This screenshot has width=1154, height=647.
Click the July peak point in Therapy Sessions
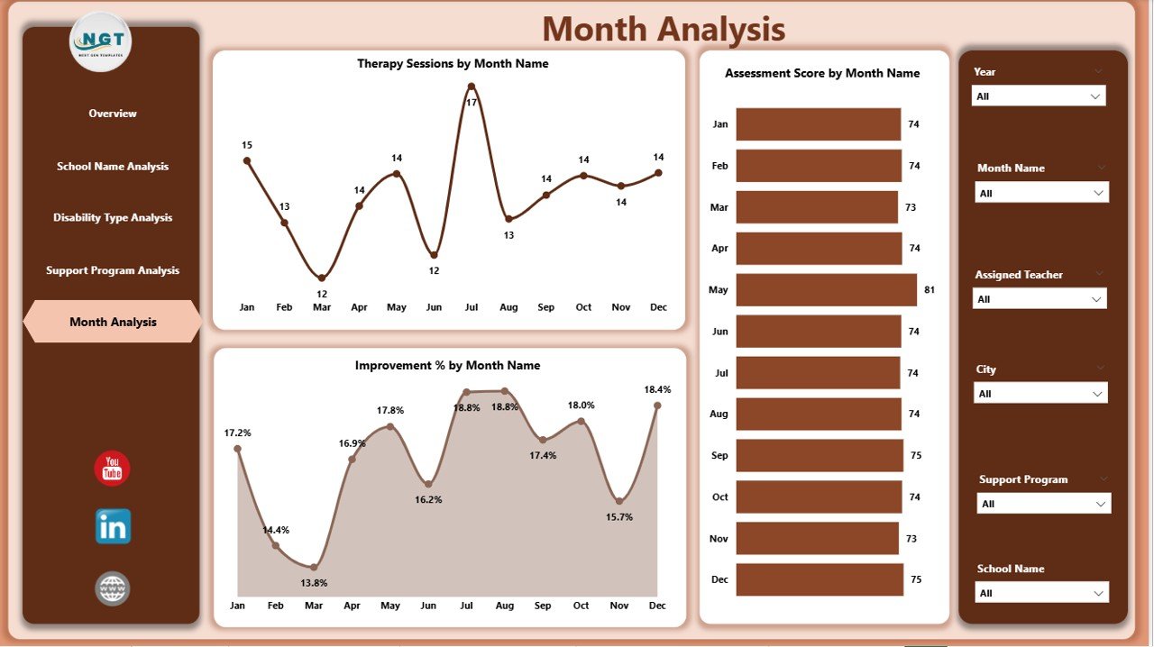click(x=472, y=87)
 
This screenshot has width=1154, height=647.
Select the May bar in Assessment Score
click(x=826, y=290)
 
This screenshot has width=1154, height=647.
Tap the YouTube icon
click(x=113, y=469)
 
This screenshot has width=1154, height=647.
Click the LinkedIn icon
click(x=113, y=526)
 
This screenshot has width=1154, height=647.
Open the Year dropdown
click(x=1039, y=96)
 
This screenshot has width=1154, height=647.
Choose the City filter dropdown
click(x=1040, y=394)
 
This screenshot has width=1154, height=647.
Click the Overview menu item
click(x=113, y=114)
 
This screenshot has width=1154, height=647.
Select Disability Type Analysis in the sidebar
click(x=113, y=218)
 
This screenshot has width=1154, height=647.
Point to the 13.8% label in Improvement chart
click(x=314, y=583)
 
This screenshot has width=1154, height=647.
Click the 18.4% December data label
click(x=657, y=389)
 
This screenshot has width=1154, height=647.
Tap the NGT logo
click(x=100, y=41)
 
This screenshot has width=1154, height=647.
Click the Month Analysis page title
click(x=664, y=30)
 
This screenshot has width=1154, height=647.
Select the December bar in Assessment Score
click(x=819, y=579)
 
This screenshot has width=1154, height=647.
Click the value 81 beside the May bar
click(x=930, y=290)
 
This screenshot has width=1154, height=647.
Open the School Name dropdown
click(x=1042, y=593)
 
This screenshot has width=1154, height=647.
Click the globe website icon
click(x=113, y=589)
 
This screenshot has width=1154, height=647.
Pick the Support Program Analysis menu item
click(x=113, y=270)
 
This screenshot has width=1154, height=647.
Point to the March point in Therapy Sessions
click(x=322, y=278)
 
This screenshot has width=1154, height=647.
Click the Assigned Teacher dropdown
click(x=1040, y=299)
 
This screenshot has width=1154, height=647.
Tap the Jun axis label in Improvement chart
click(x=429, y=606)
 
